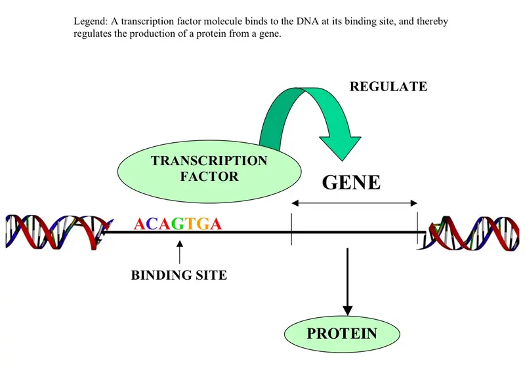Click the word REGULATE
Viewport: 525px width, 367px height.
(388, 87)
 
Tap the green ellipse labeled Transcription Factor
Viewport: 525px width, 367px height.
(209, 172)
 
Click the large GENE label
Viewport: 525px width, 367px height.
(351, 182)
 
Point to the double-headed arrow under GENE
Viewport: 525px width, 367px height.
(354, 203)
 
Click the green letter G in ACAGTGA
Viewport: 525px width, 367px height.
(178, 223)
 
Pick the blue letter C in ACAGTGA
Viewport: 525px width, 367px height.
(152, 223)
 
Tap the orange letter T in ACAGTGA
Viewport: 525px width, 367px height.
(190, 223)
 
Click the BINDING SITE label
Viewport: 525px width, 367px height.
(178, 275)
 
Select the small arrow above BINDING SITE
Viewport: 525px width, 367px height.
(180, 252)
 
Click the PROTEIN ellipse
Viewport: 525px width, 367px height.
(342, 334)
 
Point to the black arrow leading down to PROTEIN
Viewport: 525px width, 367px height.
(348, 281)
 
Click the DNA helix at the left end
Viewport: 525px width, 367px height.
(58, 232)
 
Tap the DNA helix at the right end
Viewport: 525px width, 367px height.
(469, 233)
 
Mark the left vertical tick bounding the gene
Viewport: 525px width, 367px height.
(291, 229)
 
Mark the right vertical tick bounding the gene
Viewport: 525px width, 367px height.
(417, 228)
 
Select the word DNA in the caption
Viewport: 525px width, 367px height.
(307, 22)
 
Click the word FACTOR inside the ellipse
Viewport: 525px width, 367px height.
(209, 176)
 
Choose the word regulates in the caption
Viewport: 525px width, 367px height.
(92, 34)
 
